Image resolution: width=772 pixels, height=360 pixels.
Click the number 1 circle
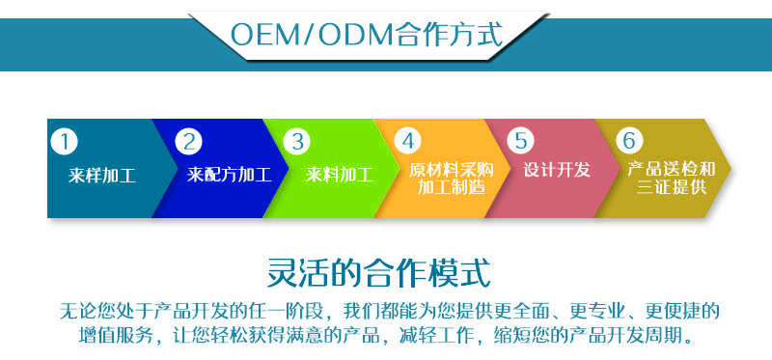64,142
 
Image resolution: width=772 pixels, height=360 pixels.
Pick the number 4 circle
409,142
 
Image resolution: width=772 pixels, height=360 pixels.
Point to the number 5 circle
520,142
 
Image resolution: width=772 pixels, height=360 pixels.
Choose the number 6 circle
629,142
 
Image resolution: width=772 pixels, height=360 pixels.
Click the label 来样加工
102,176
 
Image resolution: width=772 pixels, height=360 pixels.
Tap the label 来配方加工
229,176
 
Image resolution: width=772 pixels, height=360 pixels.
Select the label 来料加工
339,176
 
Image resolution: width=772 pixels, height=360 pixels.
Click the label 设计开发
557,170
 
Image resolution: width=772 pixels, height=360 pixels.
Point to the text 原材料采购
452,169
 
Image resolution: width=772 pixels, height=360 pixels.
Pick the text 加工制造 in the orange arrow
452,187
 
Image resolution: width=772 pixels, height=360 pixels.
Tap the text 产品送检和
672,169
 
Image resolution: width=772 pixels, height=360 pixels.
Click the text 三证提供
672,187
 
